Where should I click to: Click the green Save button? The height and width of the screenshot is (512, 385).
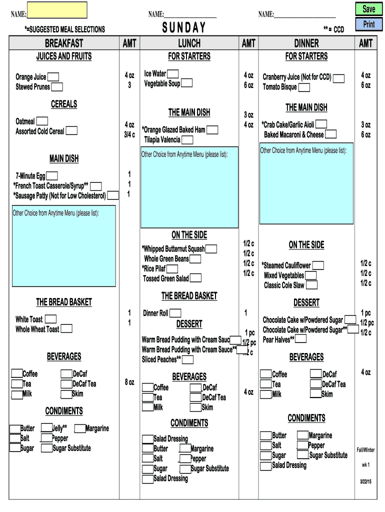pyautogui.click(x=368, y=9)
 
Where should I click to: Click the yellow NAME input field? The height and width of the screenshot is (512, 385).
pyautogui.click(x=57, y=10)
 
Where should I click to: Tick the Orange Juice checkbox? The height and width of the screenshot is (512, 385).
pyautogui.click(x=53, y=76)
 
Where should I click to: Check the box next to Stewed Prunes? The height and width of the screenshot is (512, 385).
pyautogui.click(x=57, y=87)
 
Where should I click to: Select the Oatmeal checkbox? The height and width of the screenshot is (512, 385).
pyautogui.click(x=42, y=121)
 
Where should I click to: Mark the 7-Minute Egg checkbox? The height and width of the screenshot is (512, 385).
pyautogui.click(x=52, y=175)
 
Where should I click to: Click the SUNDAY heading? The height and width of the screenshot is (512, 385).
pyautogui.click(x=184, y=27)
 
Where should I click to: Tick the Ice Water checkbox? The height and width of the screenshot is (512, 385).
pyautogui.click(x=173, y=73)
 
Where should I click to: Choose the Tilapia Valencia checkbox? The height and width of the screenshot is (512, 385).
pyautogui.click(x=187, y=140)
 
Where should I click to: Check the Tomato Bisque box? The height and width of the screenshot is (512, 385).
pyautogui.click(x=304, y=87)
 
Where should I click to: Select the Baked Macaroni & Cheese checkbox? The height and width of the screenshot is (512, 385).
pyautogui.click(x=330, y=134)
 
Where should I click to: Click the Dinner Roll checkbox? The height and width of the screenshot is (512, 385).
pyautogui.click(x=175, y=313)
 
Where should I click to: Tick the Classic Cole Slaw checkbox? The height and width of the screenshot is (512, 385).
pyautogui.click(x=311, y=285)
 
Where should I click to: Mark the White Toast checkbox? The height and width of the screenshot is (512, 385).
pyautogui.click(x=50, y=319)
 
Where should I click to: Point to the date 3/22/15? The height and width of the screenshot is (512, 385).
pyautogui.click(x=365, y=481)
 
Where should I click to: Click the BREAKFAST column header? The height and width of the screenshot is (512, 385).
pyautogui.click(x=64, y=43)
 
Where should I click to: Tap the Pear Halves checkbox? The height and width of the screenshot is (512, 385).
pyautogui.click(x=301, y=339)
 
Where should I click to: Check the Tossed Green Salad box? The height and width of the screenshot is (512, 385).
pyautogui.click(x=195, y=278)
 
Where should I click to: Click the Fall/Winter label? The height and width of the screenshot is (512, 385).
pyautogui.click(x=365, y=450)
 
